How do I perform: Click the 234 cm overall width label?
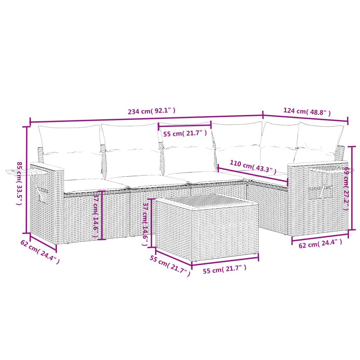(x=152, y=111)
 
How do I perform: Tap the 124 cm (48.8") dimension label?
(x=307, y=112)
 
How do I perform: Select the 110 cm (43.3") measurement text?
(x=253, y=167)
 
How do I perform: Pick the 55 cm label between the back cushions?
(x=184, y=134)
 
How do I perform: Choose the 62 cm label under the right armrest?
(x=320, y=244)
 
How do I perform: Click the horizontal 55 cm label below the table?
(x=224, y=269)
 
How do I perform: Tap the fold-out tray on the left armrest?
(x=19, y=172)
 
